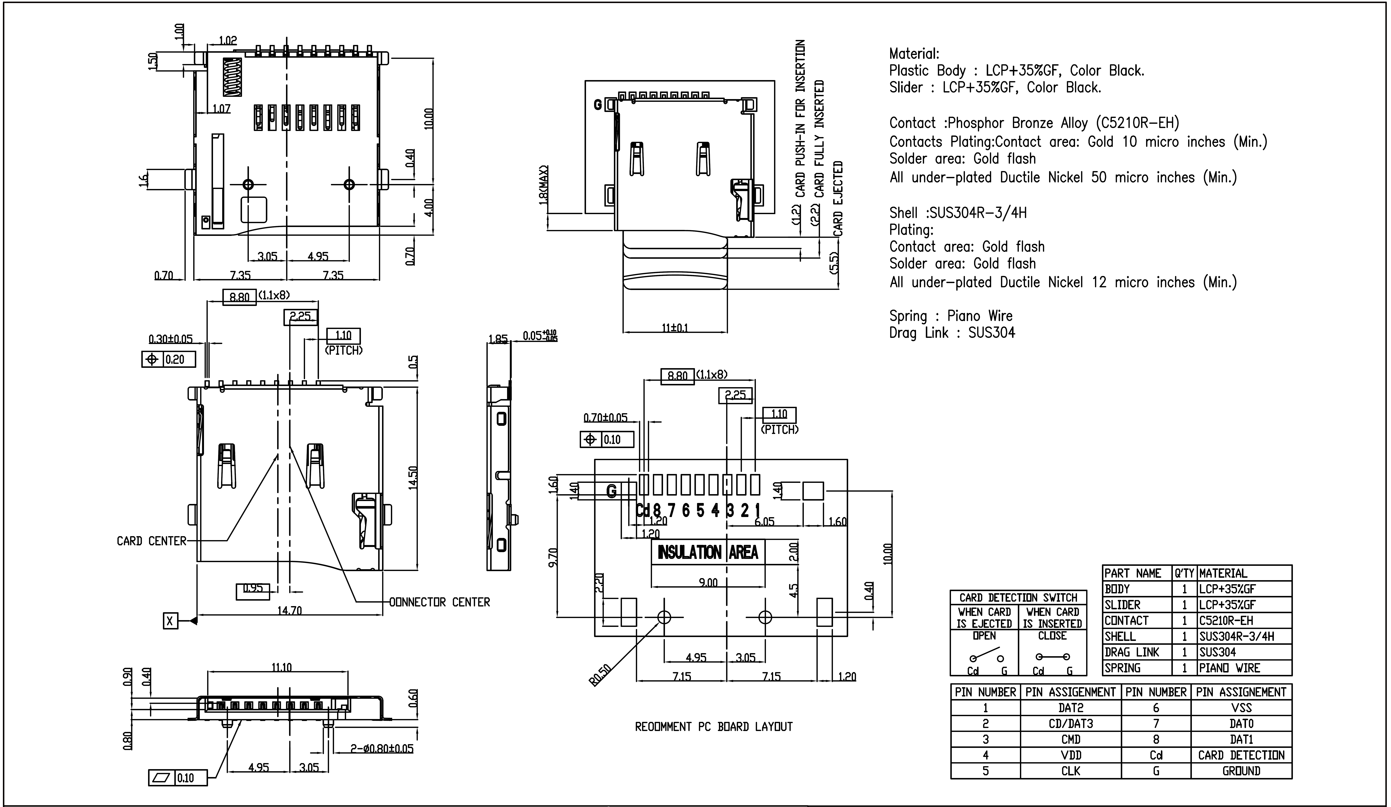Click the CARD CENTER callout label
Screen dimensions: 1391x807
pyautogui.click(x=151, y=541)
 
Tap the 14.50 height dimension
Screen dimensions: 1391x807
pyautogui.click(x=413, y=478)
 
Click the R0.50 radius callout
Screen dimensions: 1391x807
pyautogui.click(x=600, y=675)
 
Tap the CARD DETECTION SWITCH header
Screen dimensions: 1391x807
pyautogui.click(x=1018, y=597)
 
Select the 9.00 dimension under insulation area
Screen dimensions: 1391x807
pyautogui.click(x=708, y=583)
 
